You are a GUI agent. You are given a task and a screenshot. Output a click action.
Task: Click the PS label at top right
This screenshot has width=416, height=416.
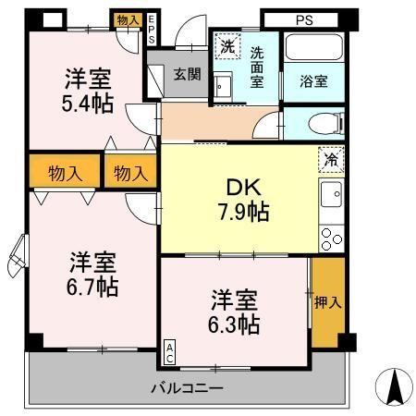[x=304, y=18]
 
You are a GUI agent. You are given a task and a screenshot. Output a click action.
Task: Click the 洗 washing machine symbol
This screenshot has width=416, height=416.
[x=226, y=44]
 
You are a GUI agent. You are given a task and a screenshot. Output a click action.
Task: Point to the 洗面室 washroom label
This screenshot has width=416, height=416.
[x=258, y=67]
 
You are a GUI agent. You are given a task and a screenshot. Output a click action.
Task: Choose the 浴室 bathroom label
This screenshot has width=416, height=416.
[x=312, y=81]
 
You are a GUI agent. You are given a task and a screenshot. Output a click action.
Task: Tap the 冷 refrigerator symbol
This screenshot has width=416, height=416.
[x=331, y=158]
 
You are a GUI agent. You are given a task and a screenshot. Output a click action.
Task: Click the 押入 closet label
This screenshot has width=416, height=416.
[x=327, y=300]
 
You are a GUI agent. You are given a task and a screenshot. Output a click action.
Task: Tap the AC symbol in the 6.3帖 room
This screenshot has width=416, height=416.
[x=171, y=350]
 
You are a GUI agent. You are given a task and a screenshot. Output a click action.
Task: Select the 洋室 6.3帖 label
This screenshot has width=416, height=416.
[x=234, y=312]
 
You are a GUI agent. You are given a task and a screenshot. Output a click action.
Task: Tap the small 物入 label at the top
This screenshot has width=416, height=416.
[x=128, y=19]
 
